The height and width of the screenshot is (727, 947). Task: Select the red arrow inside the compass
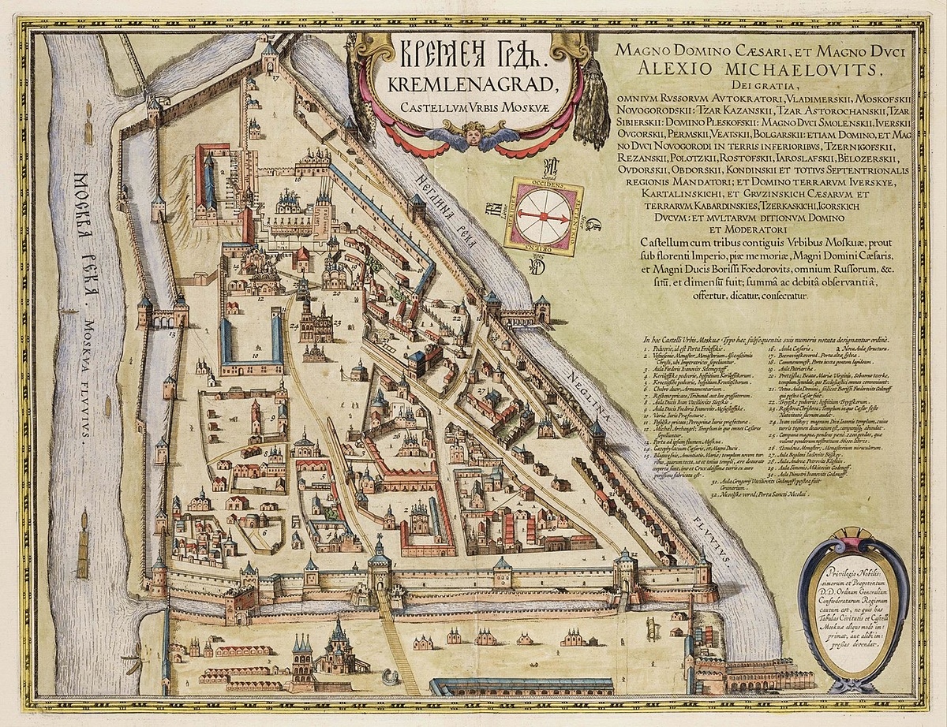click(x=545, y=215)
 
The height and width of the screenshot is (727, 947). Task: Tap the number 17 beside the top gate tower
click(x=275, y=78)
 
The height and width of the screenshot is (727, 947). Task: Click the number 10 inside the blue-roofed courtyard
click(x=255, y=356)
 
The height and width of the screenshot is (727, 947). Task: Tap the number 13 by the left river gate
click(x=173, y=334)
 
